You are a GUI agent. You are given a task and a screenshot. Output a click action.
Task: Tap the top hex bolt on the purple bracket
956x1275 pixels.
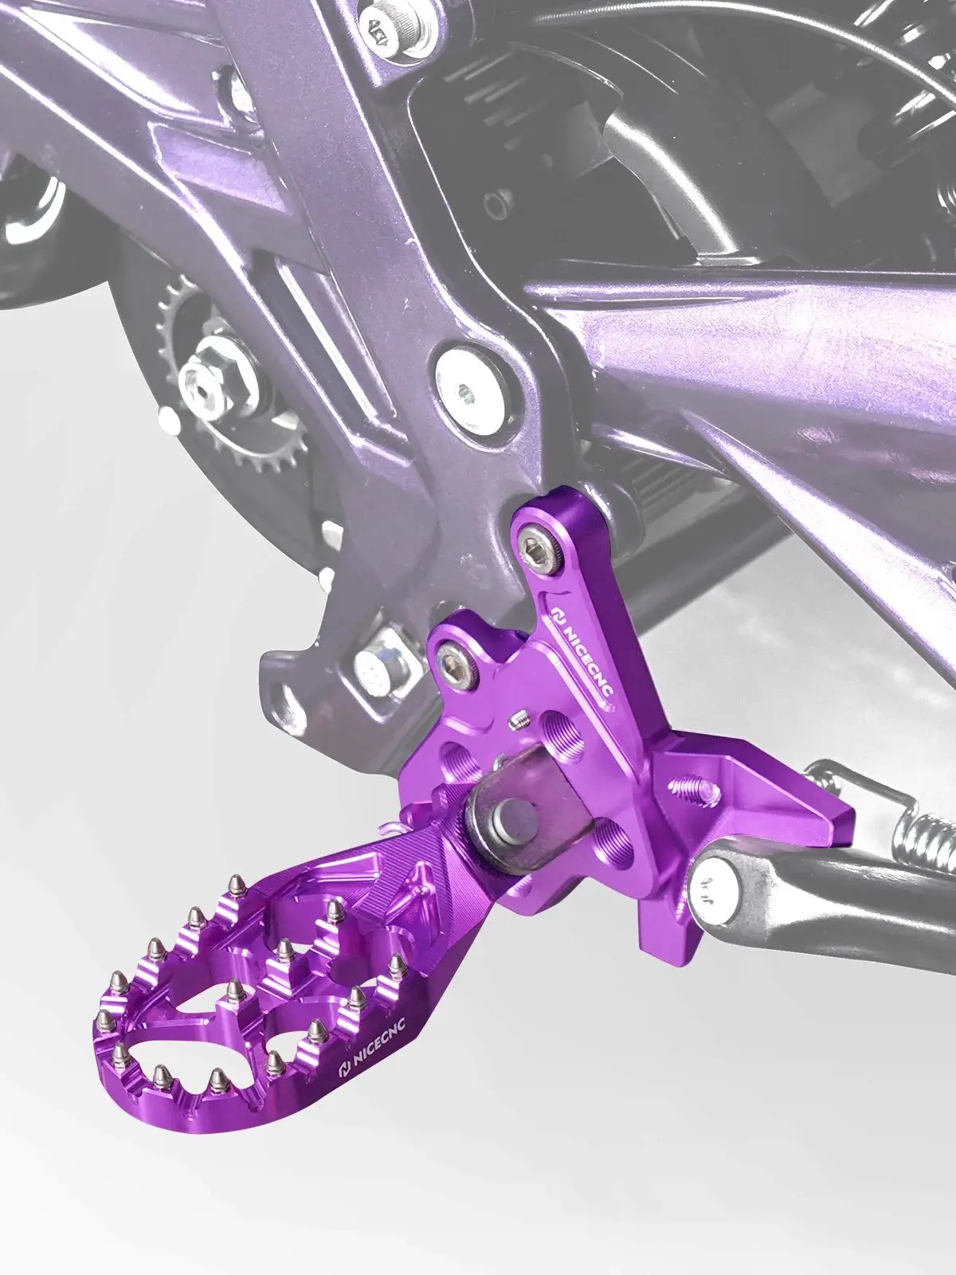[533, 547]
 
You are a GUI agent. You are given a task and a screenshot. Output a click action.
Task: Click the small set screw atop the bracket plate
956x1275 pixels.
[519, 723]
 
